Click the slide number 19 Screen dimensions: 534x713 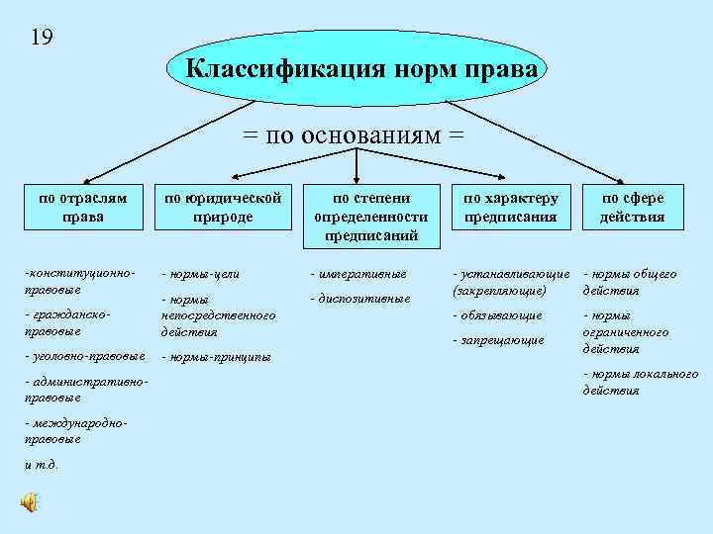click(x=42, y=38)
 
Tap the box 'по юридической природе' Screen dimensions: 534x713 click(x=223, y=208)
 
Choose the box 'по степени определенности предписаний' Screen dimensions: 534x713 click(x=370, y=216)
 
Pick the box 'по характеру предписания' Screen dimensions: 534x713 click(x=510, y=208)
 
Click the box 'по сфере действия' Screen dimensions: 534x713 click(x=632, y=208)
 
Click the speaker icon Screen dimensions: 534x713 click(x=30, y=502)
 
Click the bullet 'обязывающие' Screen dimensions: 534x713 click(x=497, y=315)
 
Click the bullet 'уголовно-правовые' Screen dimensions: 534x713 click(x=85, y=355)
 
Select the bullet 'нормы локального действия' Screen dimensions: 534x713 click(x=640, y=382)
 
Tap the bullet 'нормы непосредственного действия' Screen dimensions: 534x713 click(x=217, y=314)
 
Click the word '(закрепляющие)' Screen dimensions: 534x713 click(x=498, y=291)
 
